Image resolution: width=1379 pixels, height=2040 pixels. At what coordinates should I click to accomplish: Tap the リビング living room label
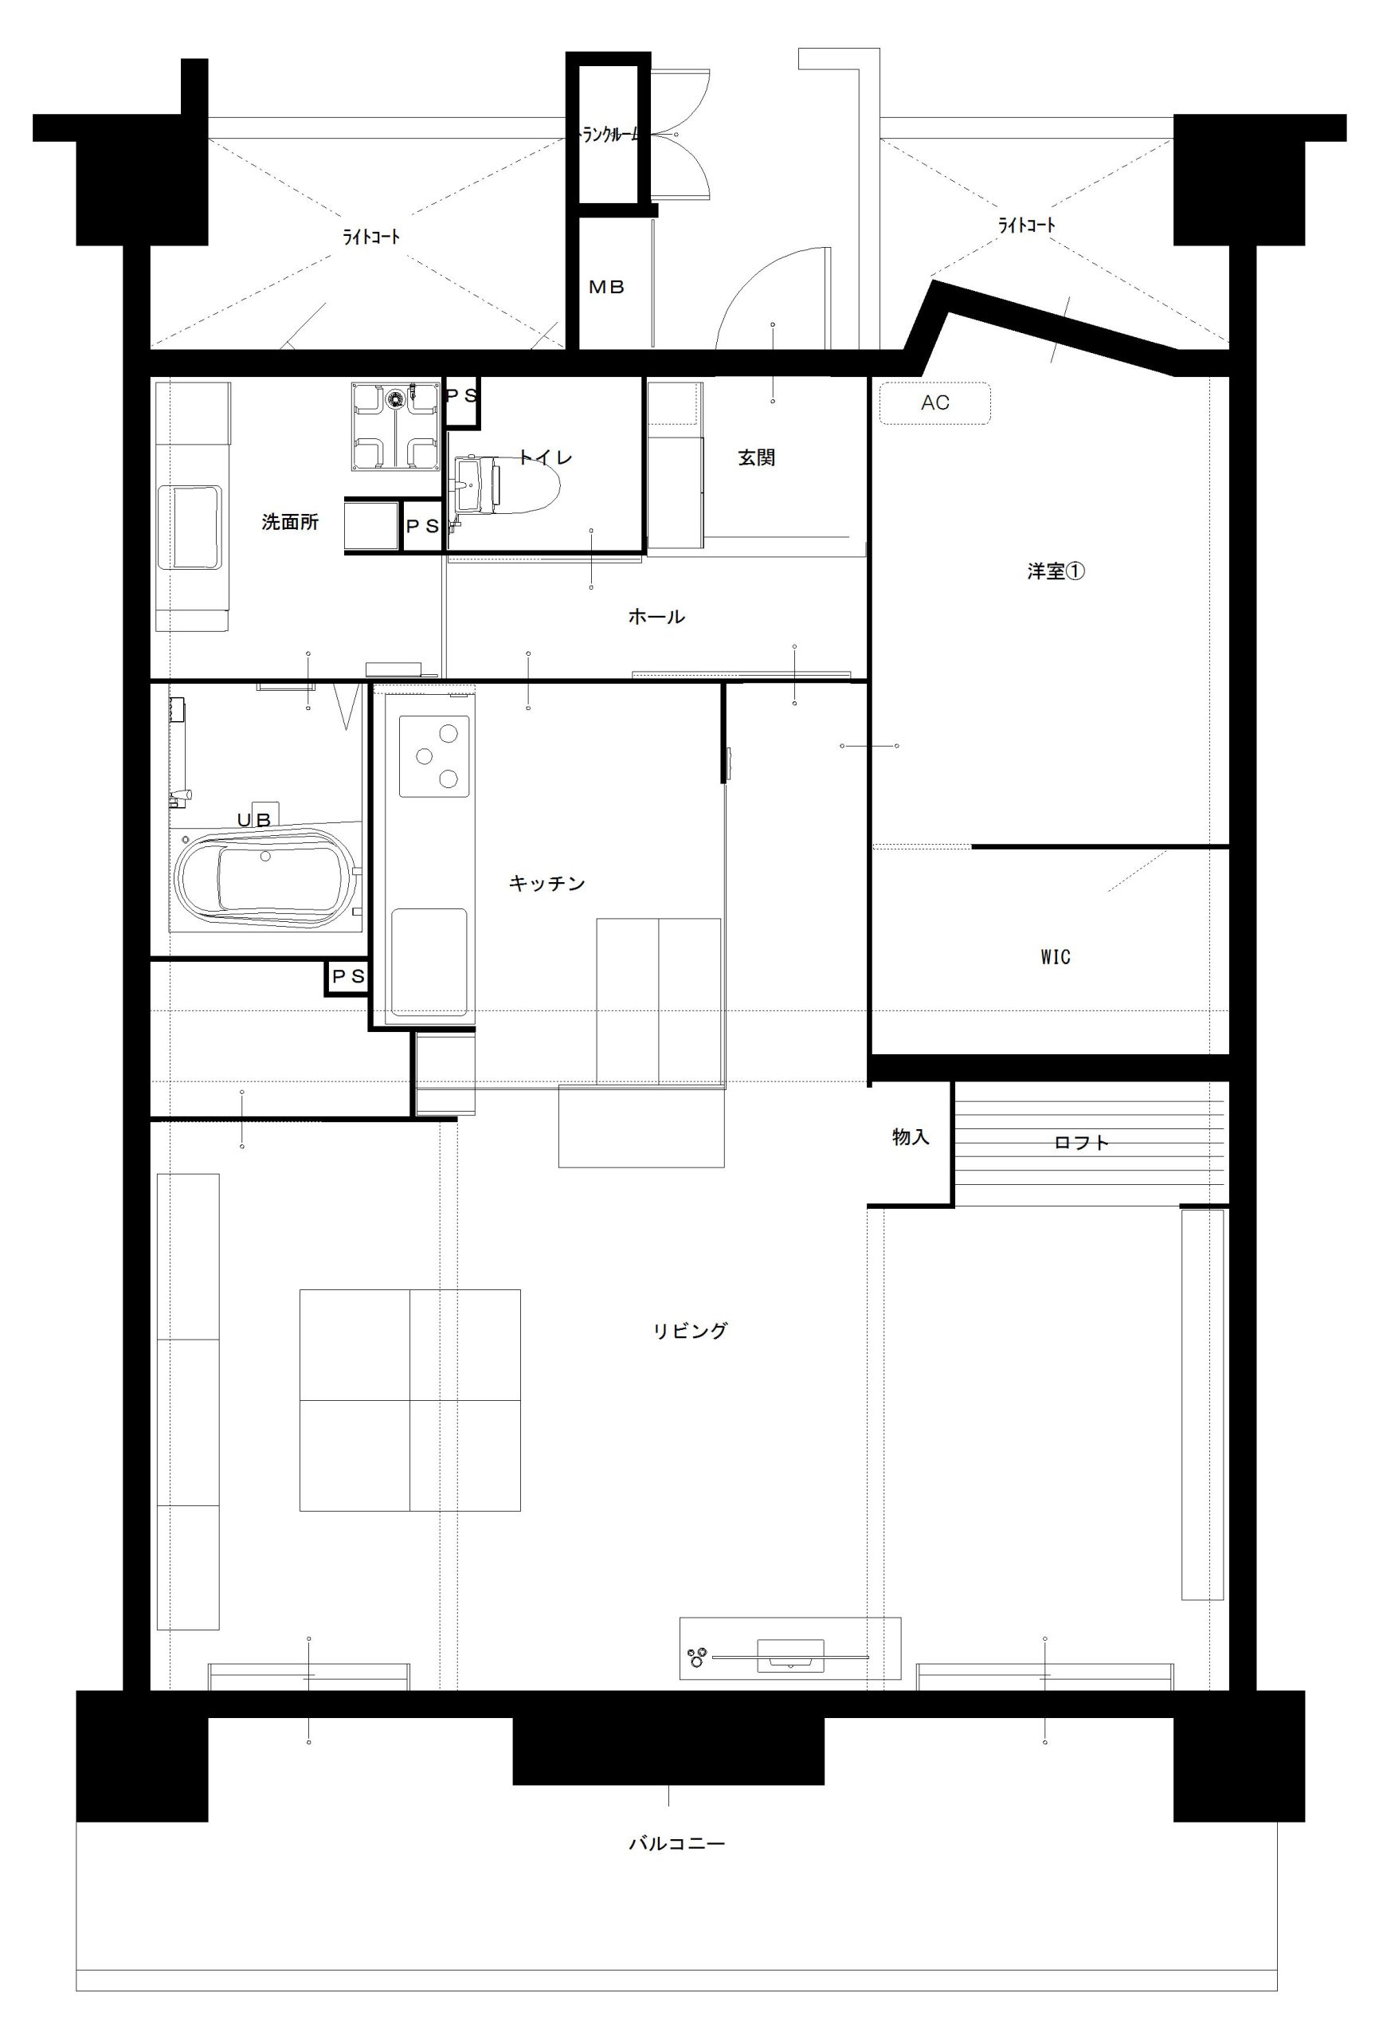click(690, 1331)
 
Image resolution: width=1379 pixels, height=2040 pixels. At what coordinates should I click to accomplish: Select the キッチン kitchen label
click(547, 883)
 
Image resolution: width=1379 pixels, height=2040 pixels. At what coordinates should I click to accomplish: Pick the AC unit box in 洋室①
click(934, 403)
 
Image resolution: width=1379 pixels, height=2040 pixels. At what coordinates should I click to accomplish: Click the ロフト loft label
click(1081, 1142)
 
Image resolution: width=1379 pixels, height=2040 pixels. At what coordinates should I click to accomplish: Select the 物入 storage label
click(911, 1137)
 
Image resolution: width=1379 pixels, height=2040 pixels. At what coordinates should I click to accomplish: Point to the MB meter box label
click(606, 287)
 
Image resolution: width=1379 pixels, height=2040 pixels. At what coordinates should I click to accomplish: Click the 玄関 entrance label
click(757, 457)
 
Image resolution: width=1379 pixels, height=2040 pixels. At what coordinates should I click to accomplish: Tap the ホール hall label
click(656, 616)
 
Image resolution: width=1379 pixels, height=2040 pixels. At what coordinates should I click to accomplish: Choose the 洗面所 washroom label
click(290, 522)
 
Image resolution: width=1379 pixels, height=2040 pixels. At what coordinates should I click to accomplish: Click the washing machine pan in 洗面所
click(395, 426)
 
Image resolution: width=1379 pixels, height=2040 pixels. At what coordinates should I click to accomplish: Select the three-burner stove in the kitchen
click(433, 755)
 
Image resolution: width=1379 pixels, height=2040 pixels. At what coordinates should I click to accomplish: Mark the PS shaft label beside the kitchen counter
click(347, 976)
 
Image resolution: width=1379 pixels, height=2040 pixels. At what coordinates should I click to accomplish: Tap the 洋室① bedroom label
click(1057, 571)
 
